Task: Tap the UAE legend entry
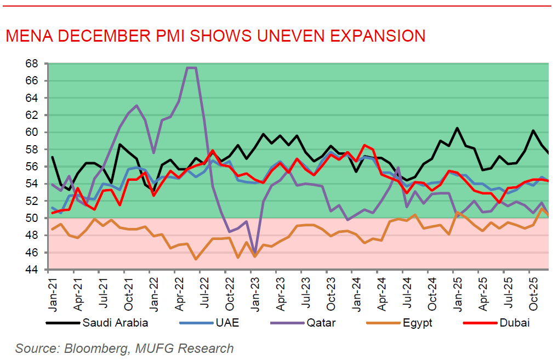[x=226, y=323]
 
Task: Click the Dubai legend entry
[x=514, y=323]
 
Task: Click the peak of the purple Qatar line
[x=191, y=68]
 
